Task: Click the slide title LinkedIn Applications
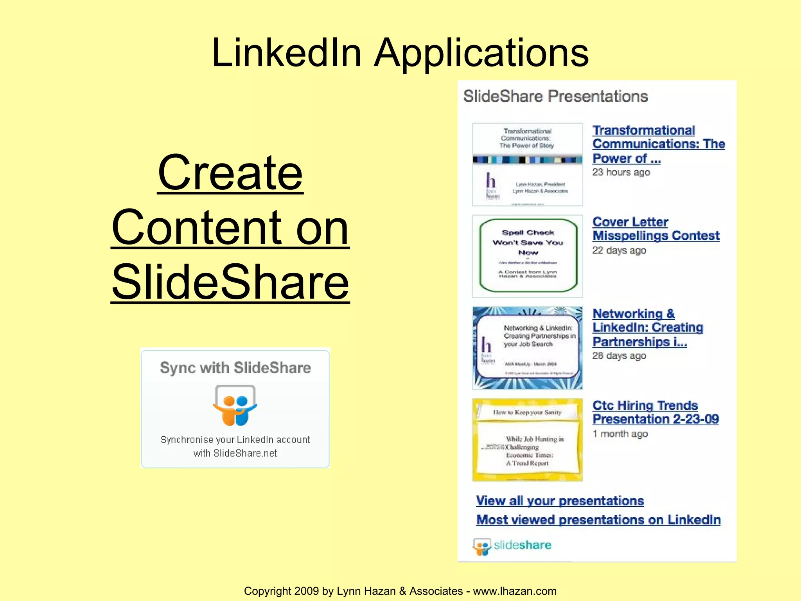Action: pyautogui.click(x=400, y=53)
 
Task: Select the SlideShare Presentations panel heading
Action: pyautogui.click(x=555, y=96)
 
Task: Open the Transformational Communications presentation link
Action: pyautogui.click(x=658, y=144)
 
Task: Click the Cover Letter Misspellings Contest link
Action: pyautogui.click(x=656, y=229)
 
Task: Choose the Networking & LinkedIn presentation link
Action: pyautogui.click(x=648, y=327)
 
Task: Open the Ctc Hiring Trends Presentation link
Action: pyautogui.click(x=655, y=412)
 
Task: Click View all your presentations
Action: pyautogui.click(x=560, y=501)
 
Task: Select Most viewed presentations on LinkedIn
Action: pyautogui.click(x=598, y=520)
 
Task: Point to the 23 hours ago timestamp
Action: pyautogui.click(x=621, y=172)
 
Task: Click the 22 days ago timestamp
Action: pyautogui.click(x=619, y=250)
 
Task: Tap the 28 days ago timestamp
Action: pyautogui.click(x=619, y=356)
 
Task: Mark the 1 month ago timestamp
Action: pyautogui.click(x=620, y=434)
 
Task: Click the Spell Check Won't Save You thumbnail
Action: pyautogui.click(x=528, y=256)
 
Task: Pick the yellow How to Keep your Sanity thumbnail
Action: pyautogui.click(x=528, y=439)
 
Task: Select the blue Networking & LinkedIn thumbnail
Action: pyautogui.click(x=528, y=348)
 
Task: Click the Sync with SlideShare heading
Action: pyautogui.click(x=235, y=368)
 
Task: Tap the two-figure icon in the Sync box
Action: pyautogui.click(x=235, y=405)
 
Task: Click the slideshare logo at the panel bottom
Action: pyautogui.click(x=512, y=545)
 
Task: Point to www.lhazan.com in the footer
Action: pyautogui.click(x=514, y=591)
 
